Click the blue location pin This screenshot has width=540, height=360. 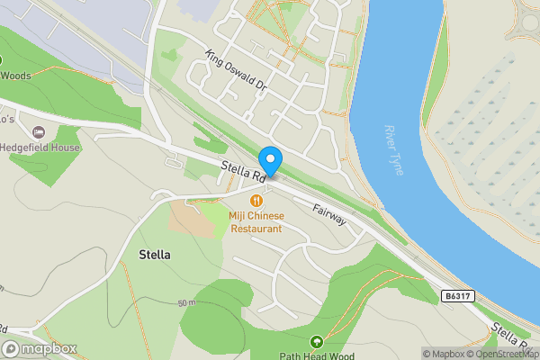269,158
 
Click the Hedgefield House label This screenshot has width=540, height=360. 40,148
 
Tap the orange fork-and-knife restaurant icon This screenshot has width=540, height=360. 256,201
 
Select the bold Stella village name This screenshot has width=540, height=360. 155,255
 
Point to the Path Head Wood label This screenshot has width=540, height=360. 316,355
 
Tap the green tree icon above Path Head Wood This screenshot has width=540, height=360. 316,341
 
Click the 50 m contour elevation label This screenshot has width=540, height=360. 186,303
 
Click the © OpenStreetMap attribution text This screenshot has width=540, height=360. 504,354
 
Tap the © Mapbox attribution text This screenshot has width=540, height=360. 444,354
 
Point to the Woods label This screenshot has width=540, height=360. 15,76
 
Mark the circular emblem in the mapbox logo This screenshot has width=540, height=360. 11,348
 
